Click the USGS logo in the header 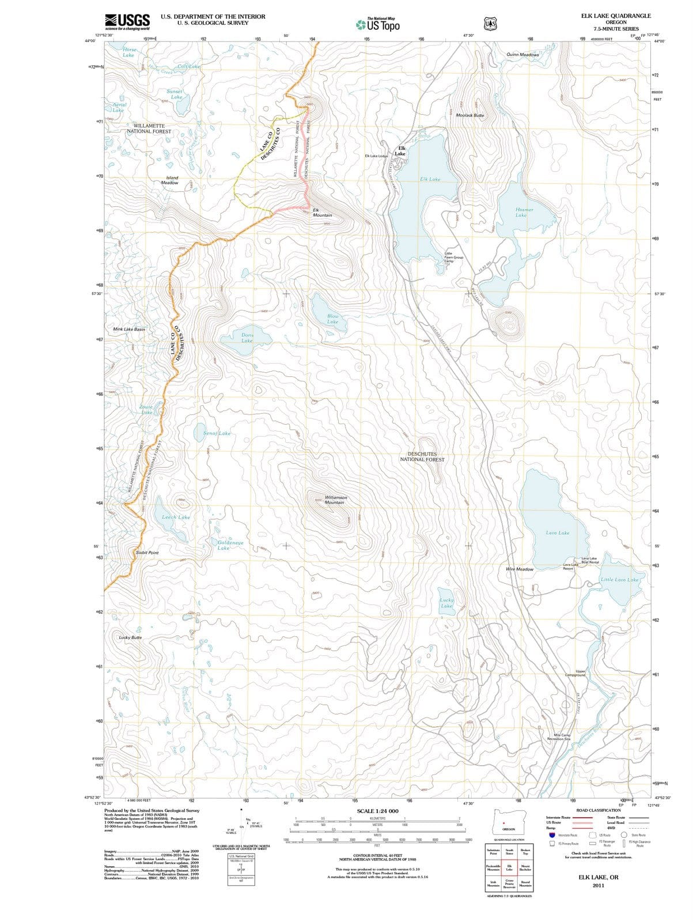tap(127, 22)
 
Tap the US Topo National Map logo tap(378, 24)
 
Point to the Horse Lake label tap(128, 52)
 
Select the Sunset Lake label tap(175, 94)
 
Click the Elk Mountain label tap(322, 213)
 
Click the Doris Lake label tap(247, 338)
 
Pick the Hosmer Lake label tap(524, 212)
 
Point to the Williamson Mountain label tap(335, 500)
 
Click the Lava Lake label tap(557, 532)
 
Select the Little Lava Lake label tap(619, 579)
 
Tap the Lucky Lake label tap(446, 603)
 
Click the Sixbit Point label tap(147, 552)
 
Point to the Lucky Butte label tap(130, 637)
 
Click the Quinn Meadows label tap(522, 55)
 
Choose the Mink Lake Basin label tap(129, 329)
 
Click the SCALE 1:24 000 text tap(377, 811)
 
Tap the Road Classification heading tap(599, 810)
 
